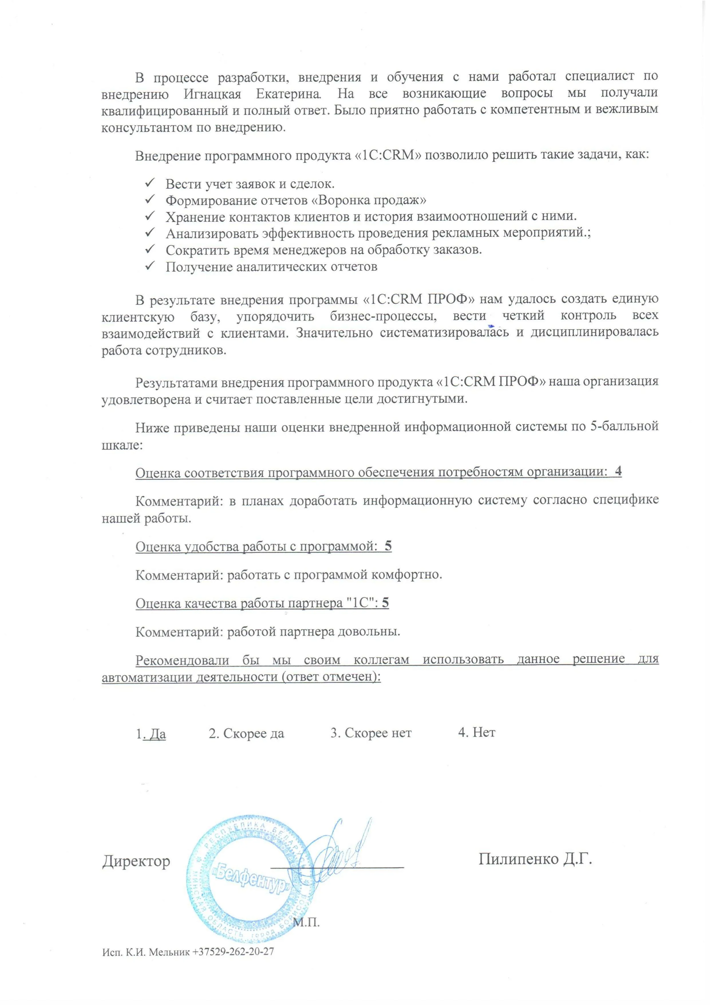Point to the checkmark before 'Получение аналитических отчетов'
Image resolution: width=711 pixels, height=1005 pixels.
pos(149,265)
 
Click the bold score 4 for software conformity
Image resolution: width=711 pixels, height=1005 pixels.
pos(618,471)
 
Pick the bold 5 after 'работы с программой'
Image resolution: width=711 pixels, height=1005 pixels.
pos(388,546)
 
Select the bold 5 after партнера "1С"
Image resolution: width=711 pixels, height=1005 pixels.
pos(385,603)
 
